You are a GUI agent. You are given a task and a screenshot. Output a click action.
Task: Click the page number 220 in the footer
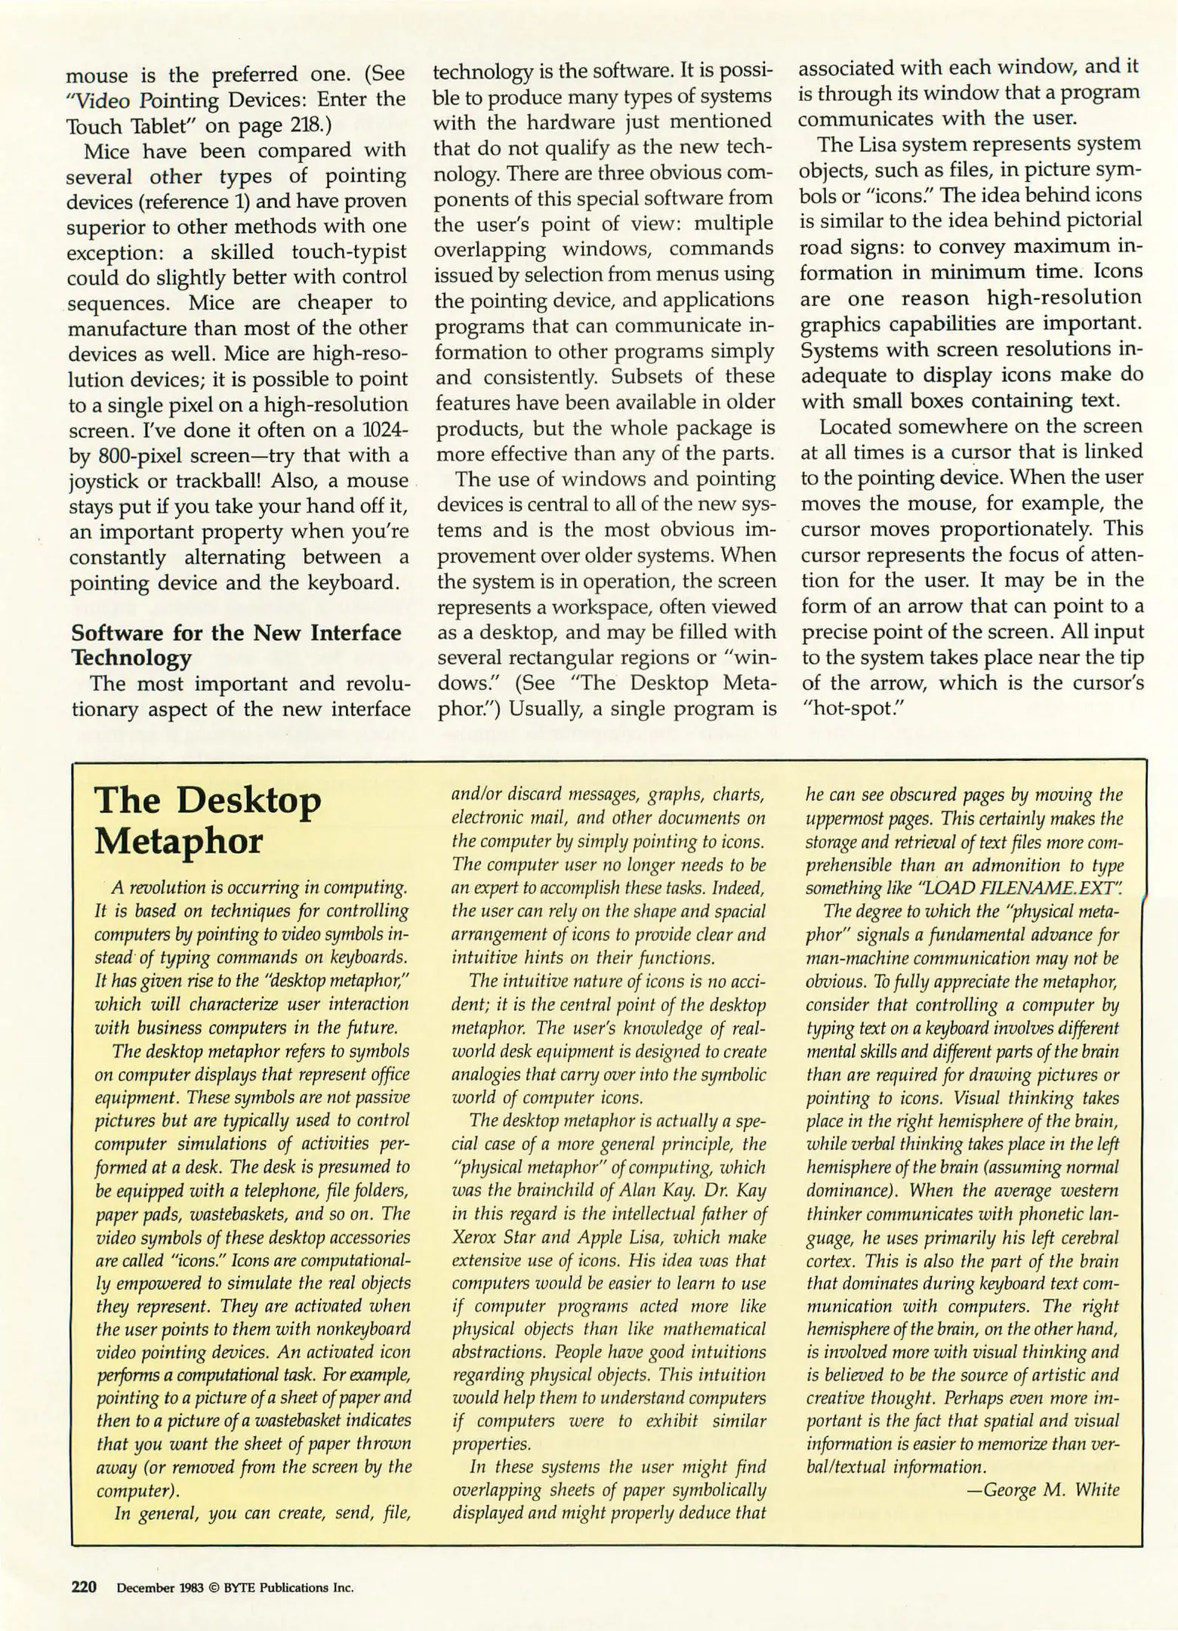coord(84,1586)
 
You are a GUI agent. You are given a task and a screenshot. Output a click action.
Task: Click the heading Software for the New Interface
coord(236,632)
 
